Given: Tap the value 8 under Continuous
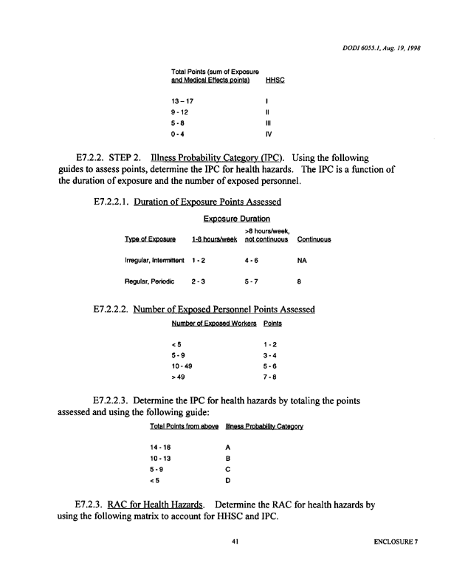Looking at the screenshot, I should click(299, 281).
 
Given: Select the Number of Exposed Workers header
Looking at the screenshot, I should click(213, 324).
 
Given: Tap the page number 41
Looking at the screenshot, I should click(235, 541).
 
